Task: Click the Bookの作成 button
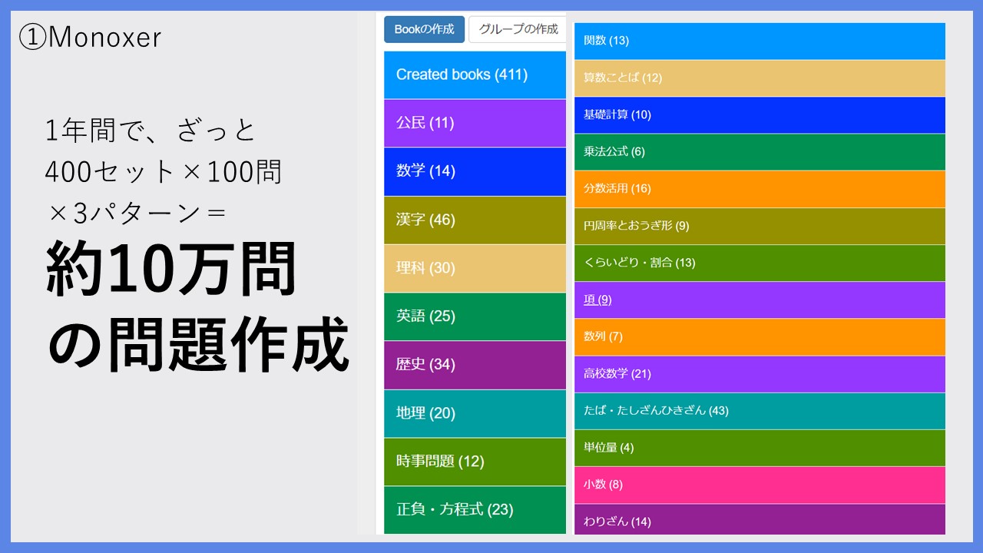tap(424, 29)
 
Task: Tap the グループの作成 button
tap(518, 29)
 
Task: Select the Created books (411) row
tap(475, 75)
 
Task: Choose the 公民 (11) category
tap(475, 123)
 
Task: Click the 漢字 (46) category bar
tap(475, 220)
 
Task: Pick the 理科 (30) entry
tap(475, 268)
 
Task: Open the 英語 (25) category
tap(475, 316)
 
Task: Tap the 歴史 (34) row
tap(475, 365)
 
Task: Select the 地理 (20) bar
tap(475, 413)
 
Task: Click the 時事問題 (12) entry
tap(475, 462)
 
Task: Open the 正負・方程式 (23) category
tap(475, 510)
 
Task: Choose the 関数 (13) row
tap(760, 41)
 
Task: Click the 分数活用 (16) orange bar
tap(760, 189)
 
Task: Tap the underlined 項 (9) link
tap(597, 300)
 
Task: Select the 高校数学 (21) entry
tap(760, 374)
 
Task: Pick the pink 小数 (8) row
tap(760, 485)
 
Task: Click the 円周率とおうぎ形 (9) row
tap(760, 226)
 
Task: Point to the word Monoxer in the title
tap(105, 38)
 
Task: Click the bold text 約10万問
tap(171, 269)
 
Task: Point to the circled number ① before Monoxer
tap(32, 37)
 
